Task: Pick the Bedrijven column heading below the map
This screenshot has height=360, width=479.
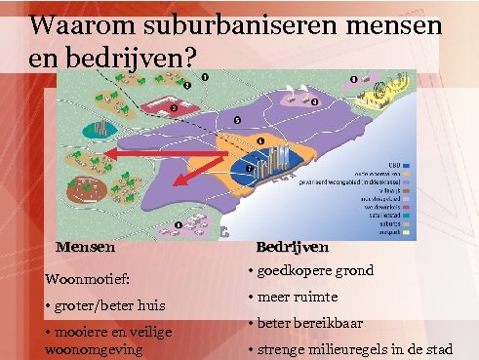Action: (x=298, y=248)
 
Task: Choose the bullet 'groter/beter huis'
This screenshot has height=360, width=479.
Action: (x=98, y=306)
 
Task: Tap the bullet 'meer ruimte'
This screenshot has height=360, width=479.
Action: (x=297, y=297)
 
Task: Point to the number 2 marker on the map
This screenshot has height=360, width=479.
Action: (x=173, y=107)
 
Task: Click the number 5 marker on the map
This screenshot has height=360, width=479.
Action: (x=236, y=120)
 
